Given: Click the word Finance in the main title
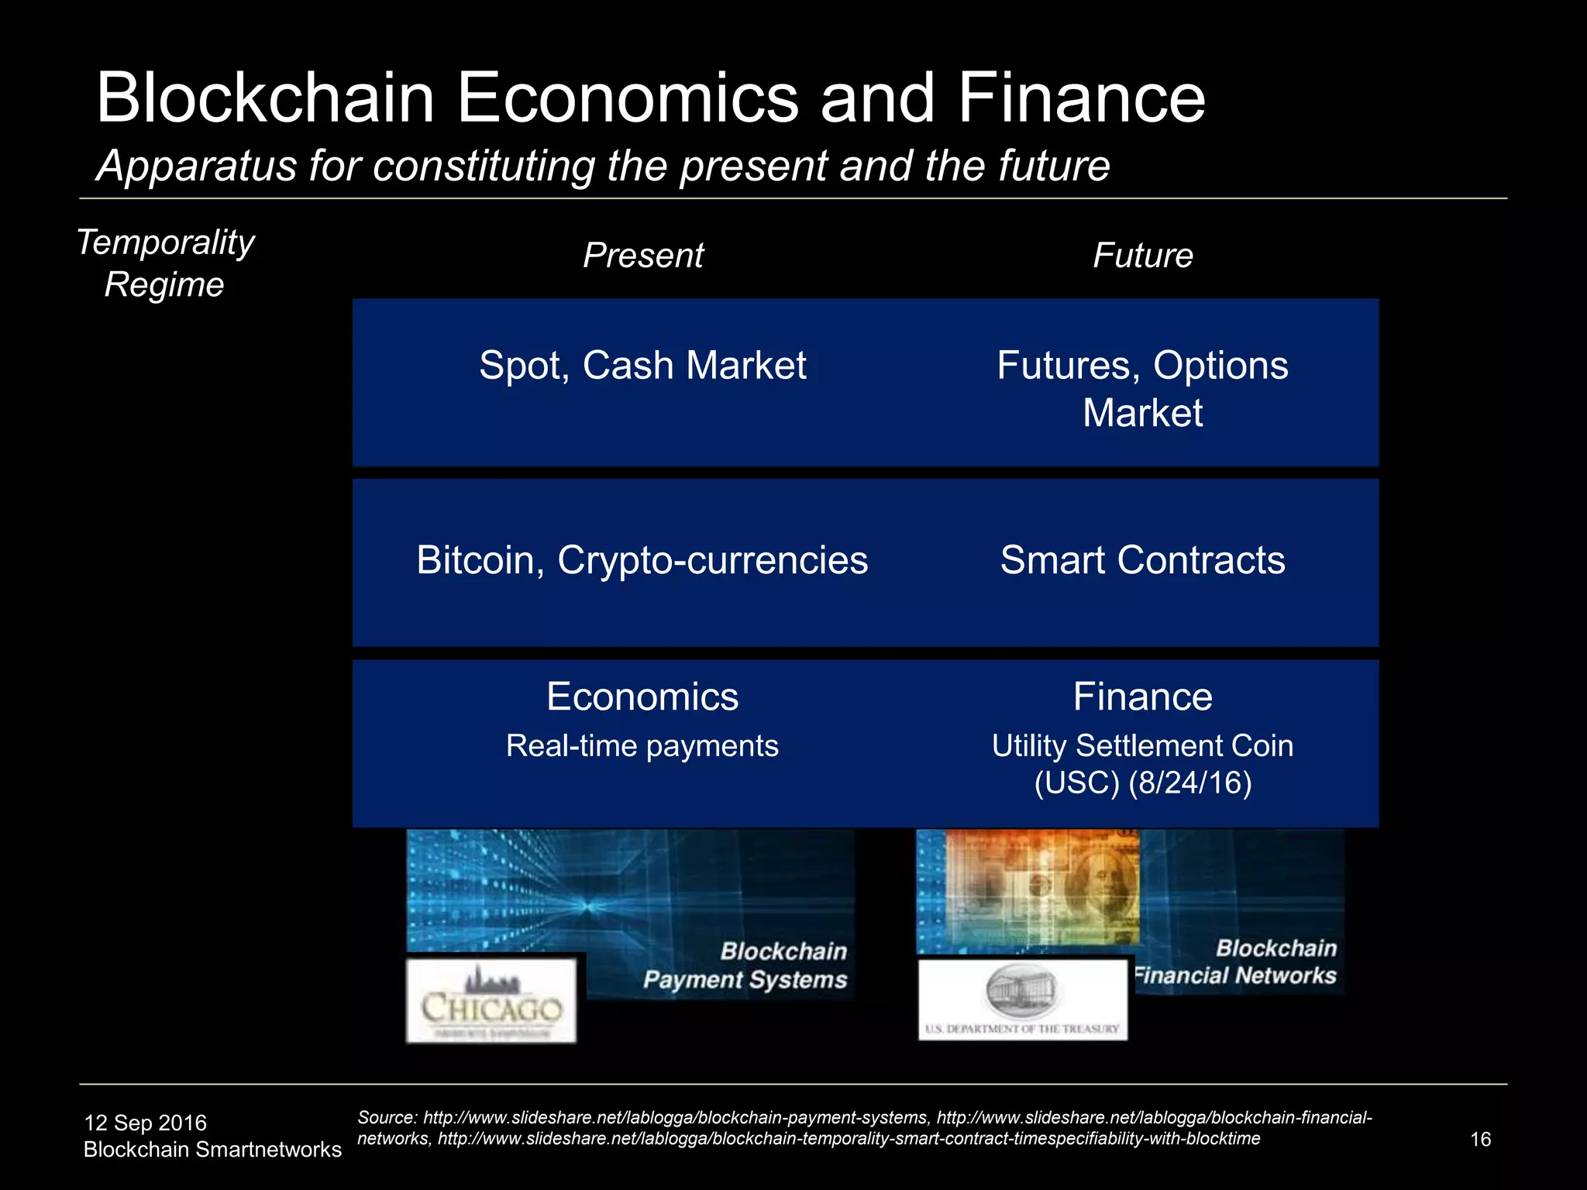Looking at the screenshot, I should [x=1081, y=98].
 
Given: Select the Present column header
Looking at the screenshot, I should [x=642, y=256].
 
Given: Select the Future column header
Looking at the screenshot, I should [x=1142, y=256].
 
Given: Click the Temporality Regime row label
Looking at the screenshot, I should [x=165, y=263].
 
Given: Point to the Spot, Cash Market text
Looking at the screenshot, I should [x=642, y=365].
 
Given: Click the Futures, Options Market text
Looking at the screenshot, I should [x=1142, y=388].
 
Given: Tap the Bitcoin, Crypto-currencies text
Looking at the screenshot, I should [x=642, y=560].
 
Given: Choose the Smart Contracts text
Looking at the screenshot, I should [x=1142, y=560].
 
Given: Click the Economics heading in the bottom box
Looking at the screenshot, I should [x=642, y=696].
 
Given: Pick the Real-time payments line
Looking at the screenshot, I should [x=642, y=746].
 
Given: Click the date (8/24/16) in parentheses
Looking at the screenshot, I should [x=1190, y=783].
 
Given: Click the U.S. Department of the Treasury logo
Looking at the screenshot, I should [x=1022, y=999].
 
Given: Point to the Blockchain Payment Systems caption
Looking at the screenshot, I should [x=745, y=966].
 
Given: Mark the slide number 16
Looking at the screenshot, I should [x=1480, y=1140].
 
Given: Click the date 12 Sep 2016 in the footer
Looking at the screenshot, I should [x=145, y=1123].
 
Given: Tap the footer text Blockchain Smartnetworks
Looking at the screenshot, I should [x=212, y=1150].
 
